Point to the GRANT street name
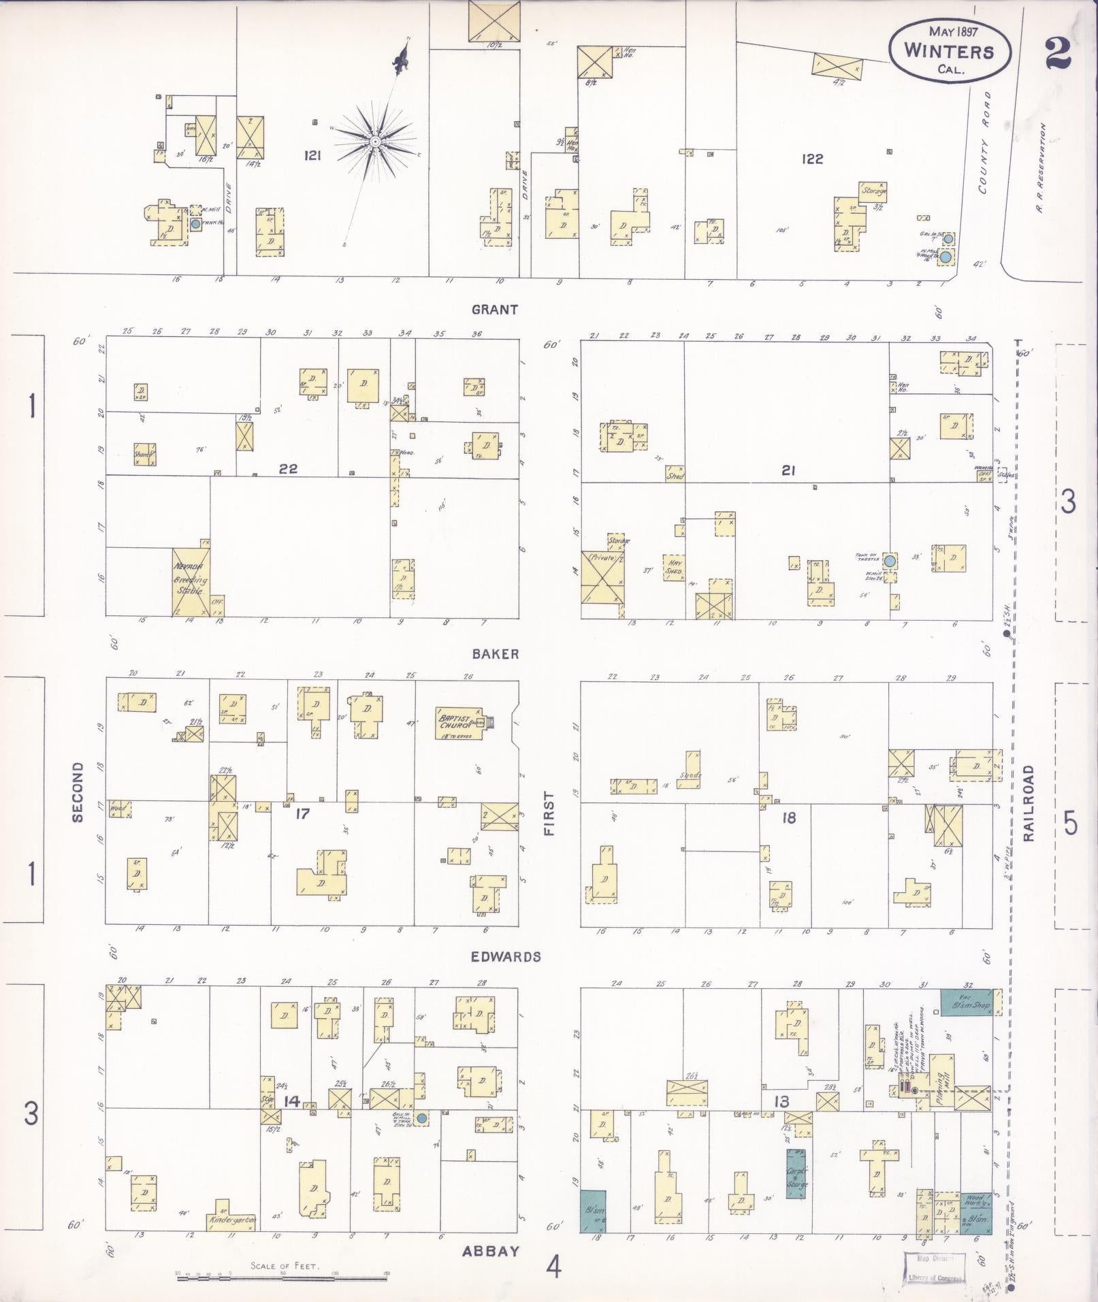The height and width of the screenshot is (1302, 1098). [x=495, y=310]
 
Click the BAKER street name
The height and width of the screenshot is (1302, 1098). [x=495, y=654]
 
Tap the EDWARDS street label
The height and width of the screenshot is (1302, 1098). [x=506, y=957]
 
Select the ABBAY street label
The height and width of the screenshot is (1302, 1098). [x=491, y=1251]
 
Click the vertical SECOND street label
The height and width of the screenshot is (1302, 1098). [x=77, y=792]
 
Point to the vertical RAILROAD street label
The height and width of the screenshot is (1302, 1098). [x=1028, y=803]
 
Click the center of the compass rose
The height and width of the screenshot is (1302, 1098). [x=374, y=141]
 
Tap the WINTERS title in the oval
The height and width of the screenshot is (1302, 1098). [x=948, y=52]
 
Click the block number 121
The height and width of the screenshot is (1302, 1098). [x=313, y=156]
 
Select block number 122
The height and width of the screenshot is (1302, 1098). [x=812, y=159]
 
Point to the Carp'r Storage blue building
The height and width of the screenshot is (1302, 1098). [x=797, y=1178]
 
